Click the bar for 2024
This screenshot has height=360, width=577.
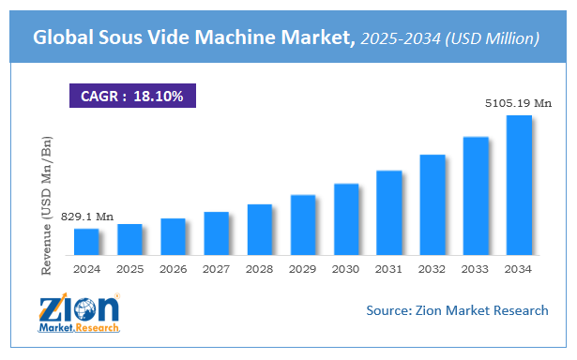tap(86, 242)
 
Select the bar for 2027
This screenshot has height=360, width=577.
tap(217, 233)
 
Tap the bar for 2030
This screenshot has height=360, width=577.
tap(346, 219)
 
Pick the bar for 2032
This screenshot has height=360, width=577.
tap(433, 204)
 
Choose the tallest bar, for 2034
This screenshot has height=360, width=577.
tap(519, 186)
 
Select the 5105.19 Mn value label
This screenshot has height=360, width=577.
tap(517, 103)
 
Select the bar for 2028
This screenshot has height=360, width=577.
tap(260, 230)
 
